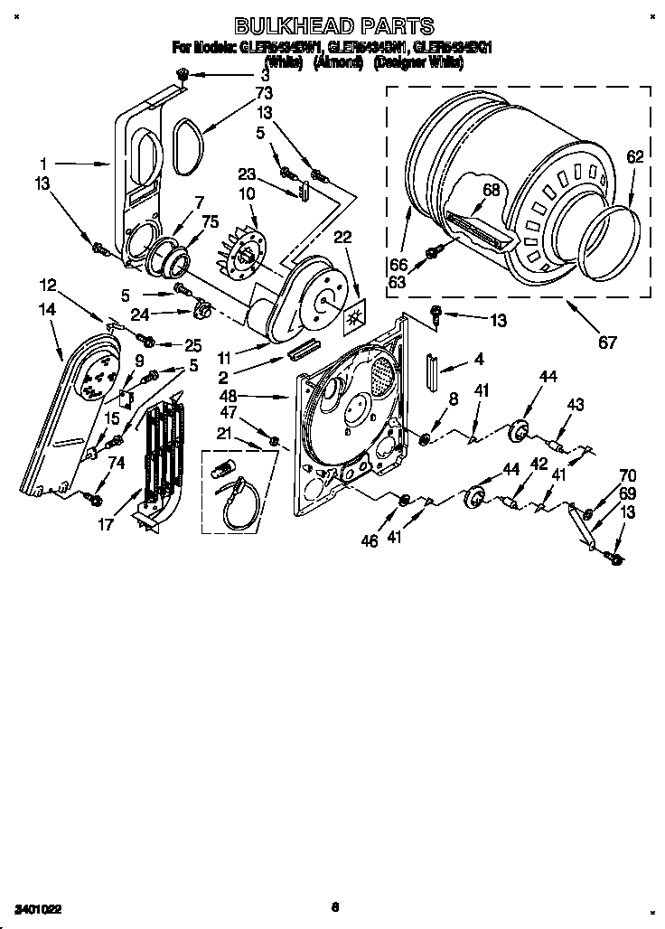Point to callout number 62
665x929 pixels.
634,156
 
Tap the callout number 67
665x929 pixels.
606,342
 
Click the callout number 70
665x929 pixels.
627,475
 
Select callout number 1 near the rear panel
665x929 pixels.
43,164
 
